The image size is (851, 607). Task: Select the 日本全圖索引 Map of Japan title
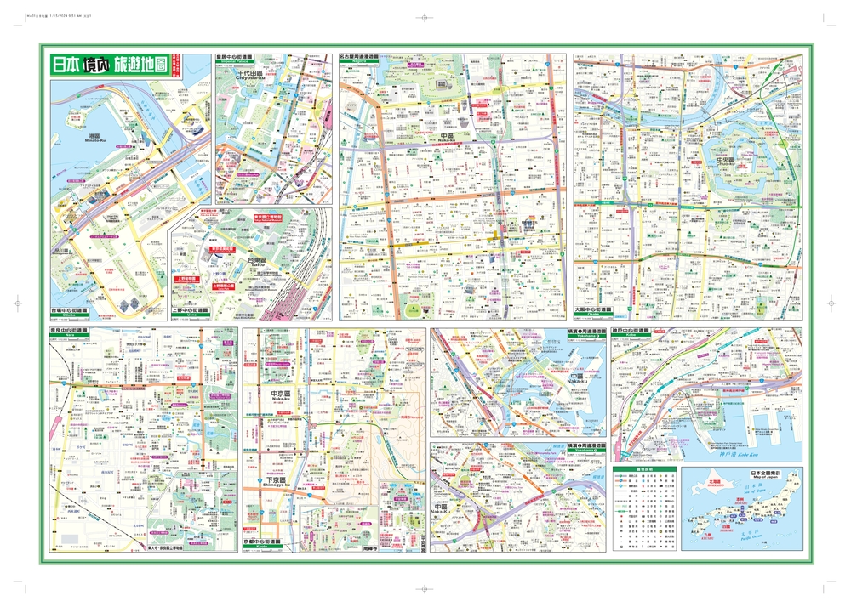[764, 471]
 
